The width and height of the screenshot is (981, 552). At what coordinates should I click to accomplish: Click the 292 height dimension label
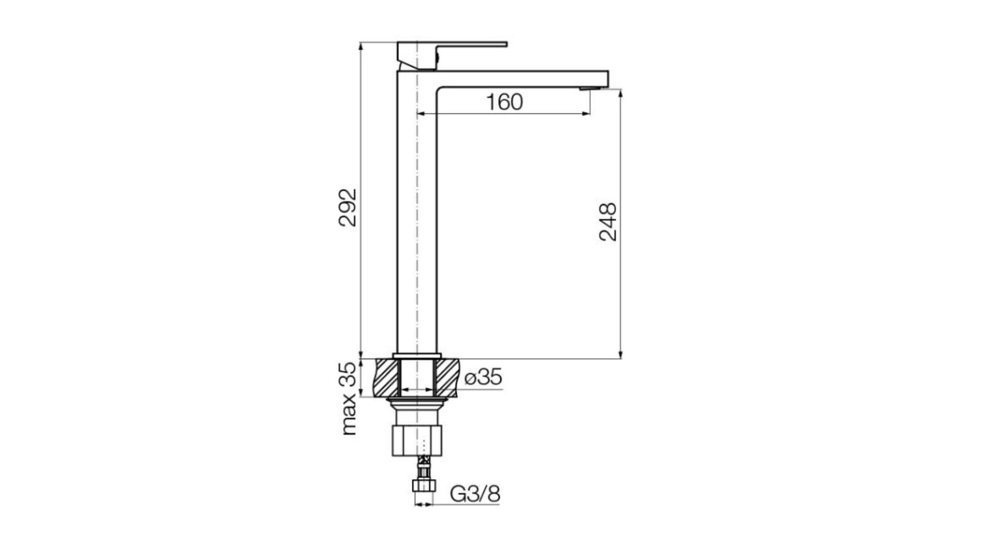pos(348,208)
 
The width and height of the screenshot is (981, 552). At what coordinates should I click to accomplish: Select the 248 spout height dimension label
pos(608,222)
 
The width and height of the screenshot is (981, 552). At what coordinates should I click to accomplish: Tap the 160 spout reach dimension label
pos(504,102)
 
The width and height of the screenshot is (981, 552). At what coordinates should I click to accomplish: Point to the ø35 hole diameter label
pos(483,378)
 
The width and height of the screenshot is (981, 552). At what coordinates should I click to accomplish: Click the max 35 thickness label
pos(348,398)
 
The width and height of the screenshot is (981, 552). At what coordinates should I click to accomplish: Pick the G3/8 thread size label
pos(475,494)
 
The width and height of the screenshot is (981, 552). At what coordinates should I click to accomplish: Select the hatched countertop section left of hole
pos(387,377)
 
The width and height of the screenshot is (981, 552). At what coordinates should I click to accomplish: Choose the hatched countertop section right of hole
pos(447,377)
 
